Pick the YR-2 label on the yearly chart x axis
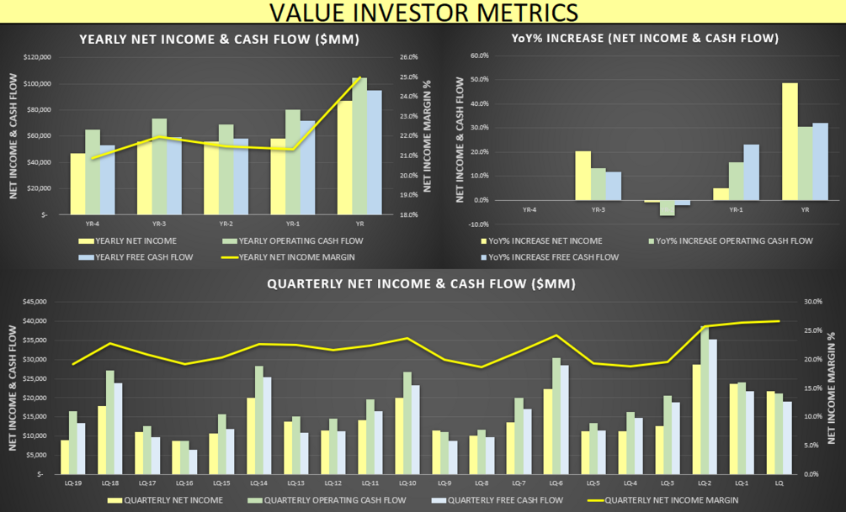click(x=226, y=224)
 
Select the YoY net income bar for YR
click(x=790, y=141)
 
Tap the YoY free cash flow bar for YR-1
click(x=751, y=172)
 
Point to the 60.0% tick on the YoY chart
click(x=478, y=55)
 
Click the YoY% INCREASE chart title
click(x=645, y=38)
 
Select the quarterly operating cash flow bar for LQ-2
click(x=705, y=400)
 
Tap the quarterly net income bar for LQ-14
click(x=251, y=435)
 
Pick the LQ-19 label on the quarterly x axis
click(x=73, y=483)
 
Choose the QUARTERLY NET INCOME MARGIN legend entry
click(x=672, y=500)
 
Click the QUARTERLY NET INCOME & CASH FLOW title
click(x=421, y=284)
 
